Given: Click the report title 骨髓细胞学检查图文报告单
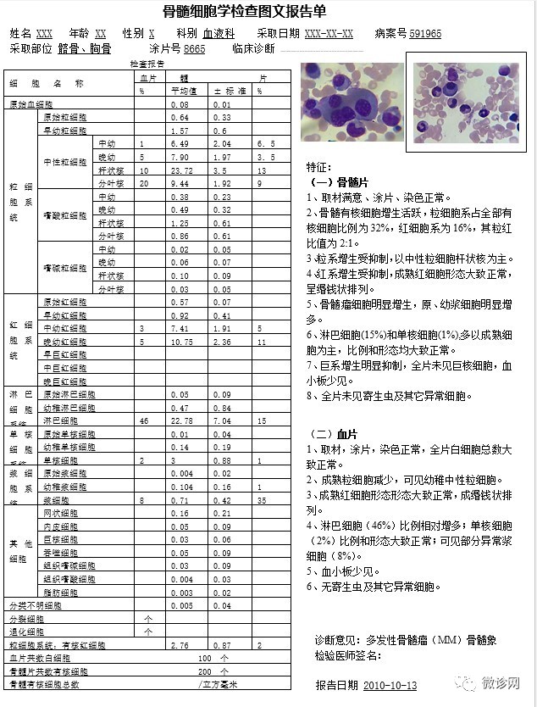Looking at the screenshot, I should [268, 11].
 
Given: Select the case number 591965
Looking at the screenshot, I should [424, 34].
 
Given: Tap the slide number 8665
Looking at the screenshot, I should [194, 49].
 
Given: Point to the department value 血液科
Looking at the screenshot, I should [219, 34].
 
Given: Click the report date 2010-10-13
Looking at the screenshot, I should [390, 685].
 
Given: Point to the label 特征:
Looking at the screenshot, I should [319, 167].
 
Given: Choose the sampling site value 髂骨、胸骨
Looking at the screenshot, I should [85, 49].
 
